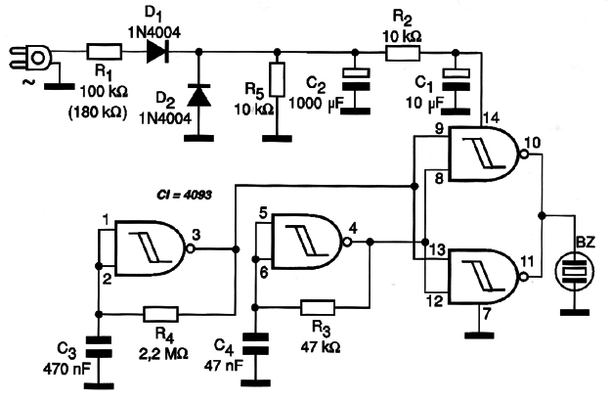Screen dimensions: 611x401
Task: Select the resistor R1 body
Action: (x=104, y=52)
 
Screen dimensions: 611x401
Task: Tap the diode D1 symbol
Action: (x=157, y=52)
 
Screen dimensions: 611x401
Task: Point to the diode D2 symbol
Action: (x=199, y=95)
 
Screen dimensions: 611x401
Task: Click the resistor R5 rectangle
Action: (x=277, y=79)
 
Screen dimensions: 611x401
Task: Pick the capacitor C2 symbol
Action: (x=356, y=79)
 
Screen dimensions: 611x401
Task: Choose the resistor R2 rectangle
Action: (x=403, y=53)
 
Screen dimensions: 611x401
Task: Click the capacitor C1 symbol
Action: (x=457, y=80)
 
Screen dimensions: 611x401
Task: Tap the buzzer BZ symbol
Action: (x=575, y=272)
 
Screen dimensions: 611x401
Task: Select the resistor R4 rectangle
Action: (x=161, y=314)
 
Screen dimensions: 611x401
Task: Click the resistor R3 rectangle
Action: (x=317, y=307)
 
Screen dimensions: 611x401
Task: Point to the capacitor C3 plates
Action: (x=98, y=347)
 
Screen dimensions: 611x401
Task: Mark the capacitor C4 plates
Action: (x=255, y=343)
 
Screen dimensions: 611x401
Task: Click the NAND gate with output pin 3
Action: (x=152, y=248)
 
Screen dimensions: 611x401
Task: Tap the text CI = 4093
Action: (x=184, y=194)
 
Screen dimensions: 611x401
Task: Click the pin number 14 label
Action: (x=491, y=118)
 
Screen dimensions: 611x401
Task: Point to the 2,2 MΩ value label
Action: (x=163, y=353)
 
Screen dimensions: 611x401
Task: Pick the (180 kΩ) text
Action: (x=98, y=113)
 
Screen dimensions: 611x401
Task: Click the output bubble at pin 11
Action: (x=524, y=277)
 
